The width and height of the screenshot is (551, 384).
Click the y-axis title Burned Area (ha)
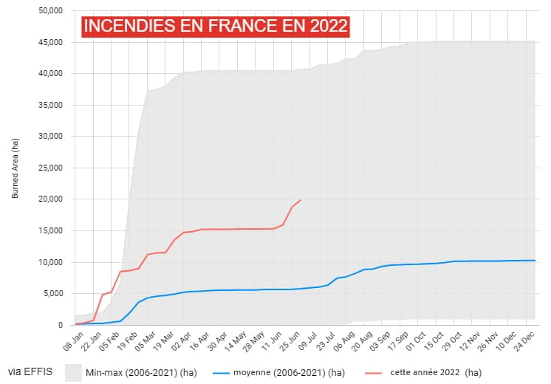15,168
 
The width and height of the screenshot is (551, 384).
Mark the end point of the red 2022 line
301,199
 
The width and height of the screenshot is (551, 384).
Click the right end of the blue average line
535,260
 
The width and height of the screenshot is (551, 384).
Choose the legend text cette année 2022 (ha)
436,371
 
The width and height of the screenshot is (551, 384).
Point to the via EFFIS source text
30,371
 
